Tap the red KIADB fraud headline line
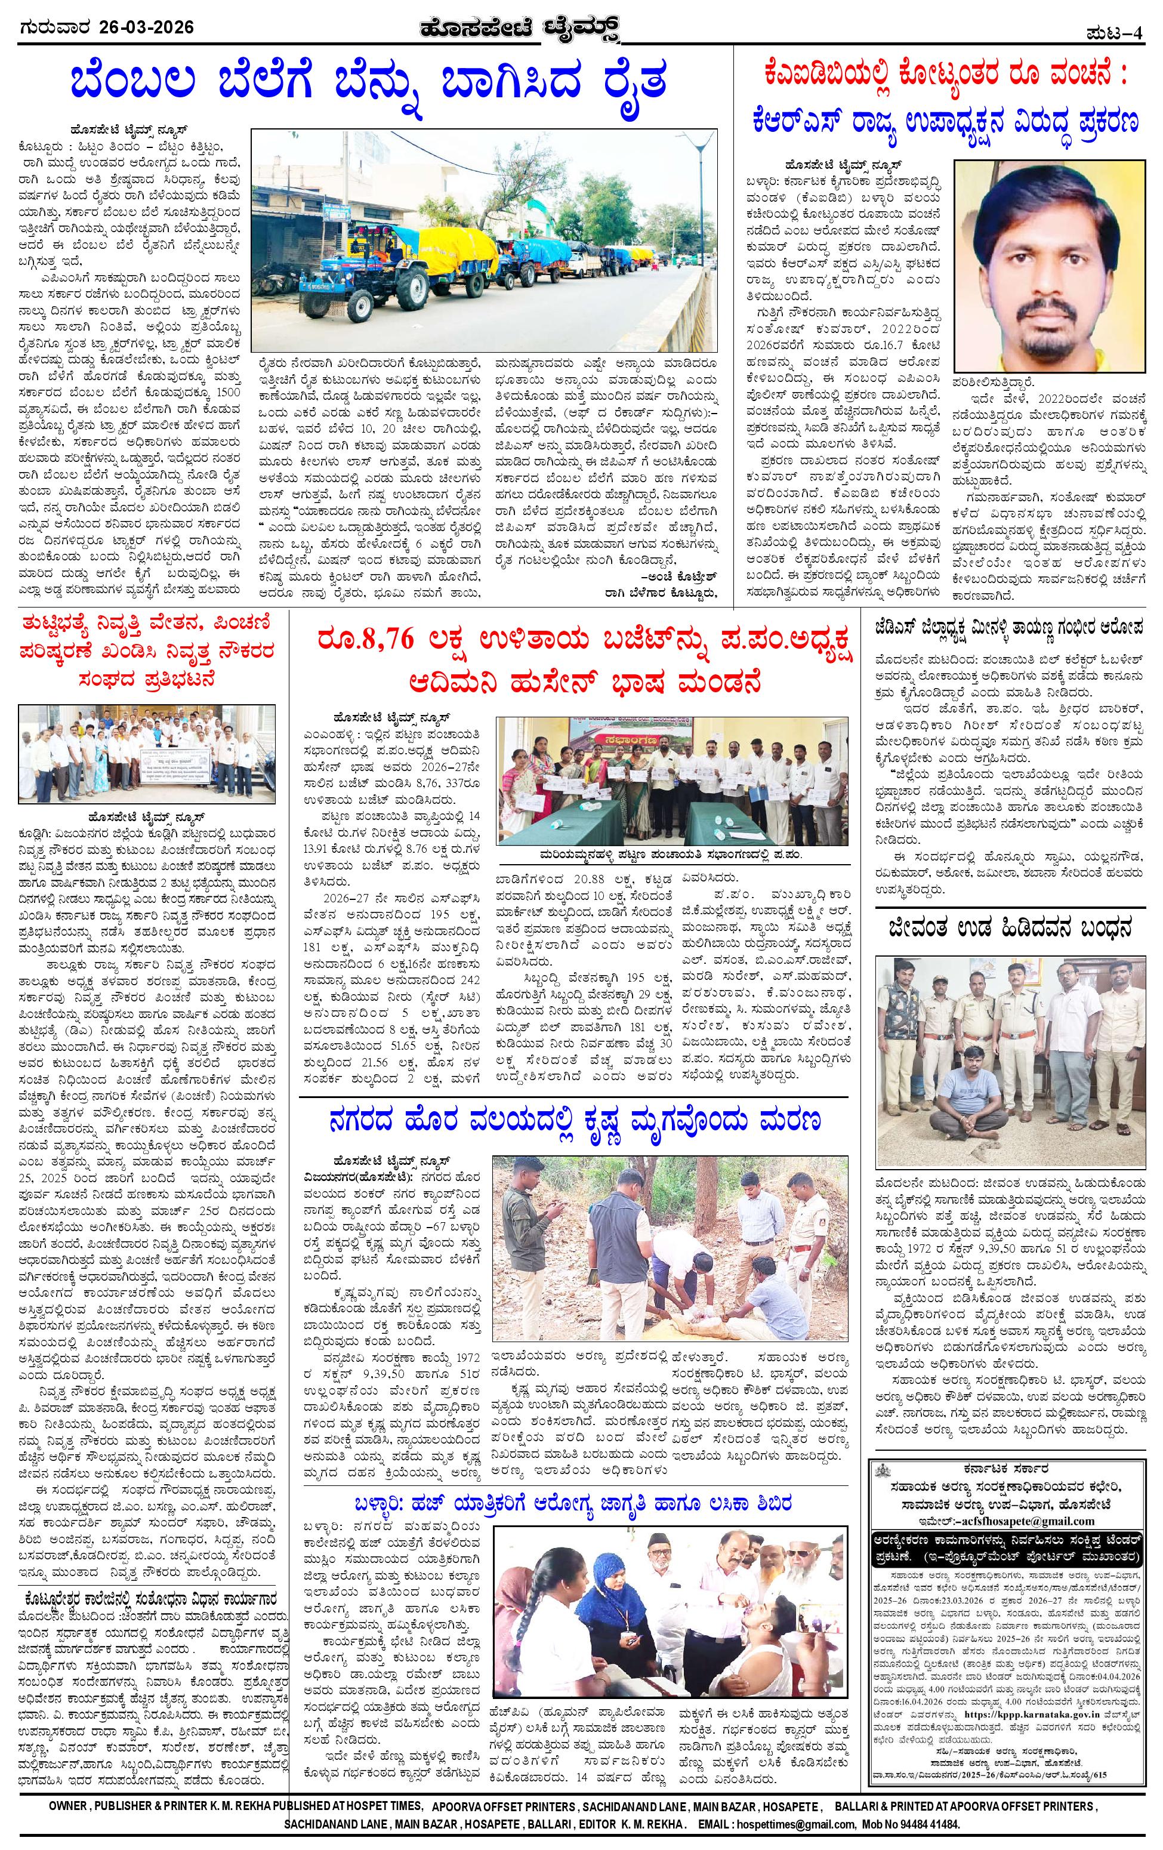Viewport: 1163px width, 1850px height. (946, 77)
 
